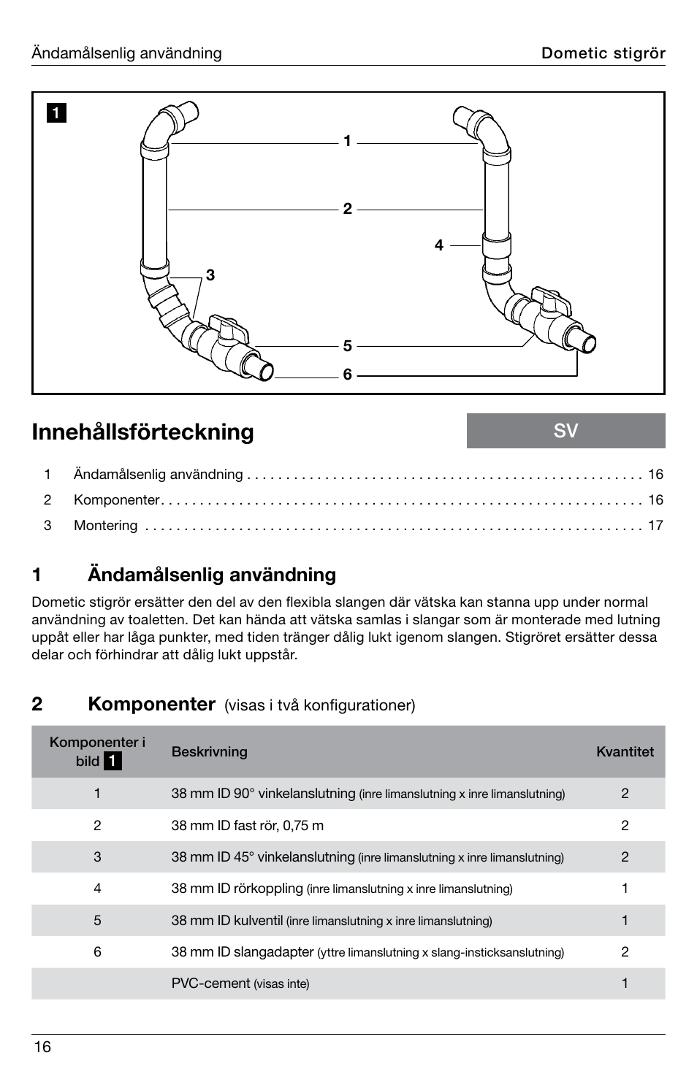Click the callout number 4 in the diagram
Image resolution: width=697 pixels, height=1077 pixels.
coord(438,245)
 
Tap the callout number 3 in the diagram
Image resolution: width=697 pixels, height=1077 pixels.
coord(210,275)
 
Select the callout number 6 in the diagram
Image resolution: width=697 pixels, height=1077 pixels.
coord(347,375)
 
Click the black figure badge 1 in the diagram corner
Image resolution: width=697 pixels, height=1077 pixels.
coord(56,113)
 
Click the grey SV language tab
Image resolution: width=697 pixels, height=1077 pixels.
coord(565,431)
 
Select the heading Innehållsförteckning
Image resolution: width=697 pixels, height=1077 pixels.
coord(143,432)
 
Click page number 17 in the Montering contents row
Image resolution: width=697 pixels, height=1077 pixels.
coord(655,526)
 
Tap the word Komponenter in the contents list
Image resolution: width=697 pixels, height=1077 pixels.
coord(116,500)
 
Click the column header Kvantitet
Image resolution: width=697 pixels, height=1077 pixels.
coord(625,751)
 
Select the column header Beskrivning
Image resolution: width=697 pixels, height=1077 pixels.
coord(209,751)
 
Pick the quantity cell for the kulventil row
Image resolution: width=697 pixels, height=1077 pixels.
coord(625,921)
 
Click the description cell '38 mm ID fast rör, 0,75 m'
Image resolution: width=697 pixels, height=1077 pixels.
coord(247,826)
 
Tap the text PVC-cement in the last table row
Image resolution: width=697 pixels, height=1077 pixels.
coord(210,984)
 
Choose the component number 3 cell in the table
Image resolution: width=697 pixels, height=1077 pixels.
coord(97,857)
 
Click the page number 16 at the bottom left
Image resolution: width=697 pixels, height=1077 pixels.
coord(42,1047)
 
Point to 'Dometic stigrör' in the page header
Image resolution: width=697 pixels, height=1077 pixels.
coord(603,53)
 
